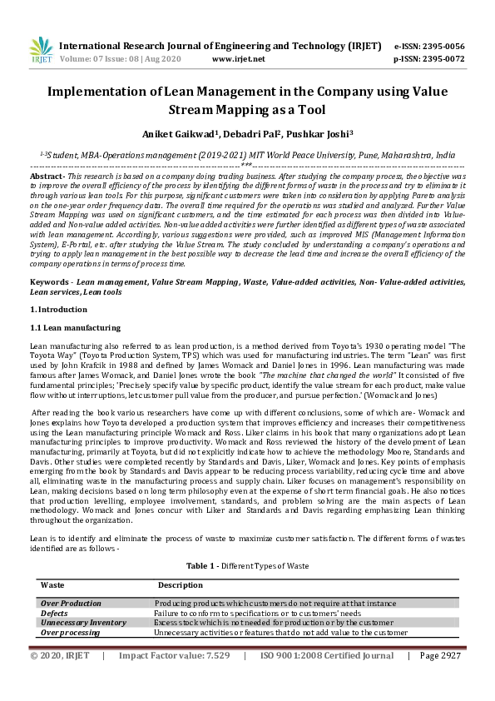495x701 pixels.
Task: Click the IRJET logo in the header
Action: [x=40, y=51]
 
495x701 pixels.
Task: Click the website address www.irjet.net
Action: [x=238, y=59]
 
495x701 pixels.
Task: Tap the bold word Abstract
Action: [x=47, y=177]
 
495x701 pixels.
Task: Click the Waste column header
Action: [x=52, y=584]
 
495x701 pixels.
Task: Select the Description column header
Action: [x=181, y=584]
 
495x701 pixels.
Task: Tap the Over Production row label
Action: [x=72, y=603]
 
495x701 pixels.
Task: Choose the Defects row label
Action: [x=55, y=613]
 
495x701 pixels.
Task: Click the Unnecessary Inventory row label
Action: [x=83, y=623]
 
